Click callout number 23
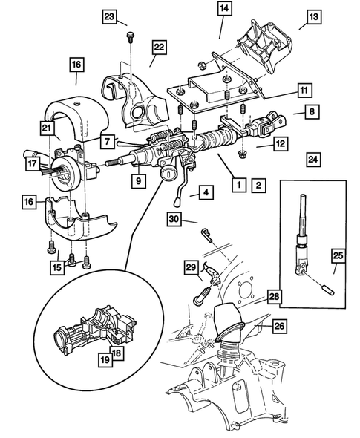point(110,16)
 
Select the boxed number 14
point(224,9)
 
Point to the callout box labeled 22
point(158,48)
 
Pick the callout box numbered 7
point(107,140)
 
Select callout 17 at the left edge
point(33,163)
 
